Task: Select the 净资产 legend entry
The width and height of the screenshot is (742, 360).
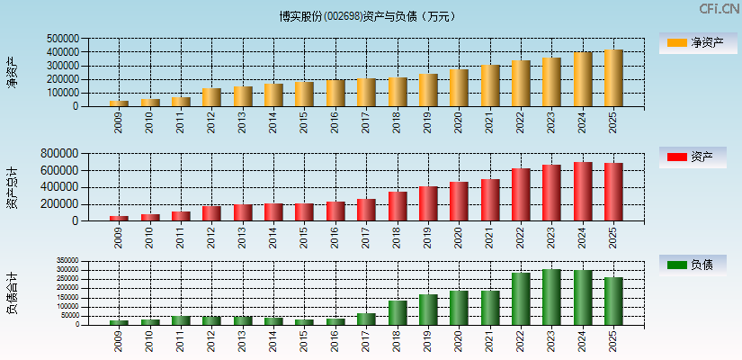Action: coord(697,42)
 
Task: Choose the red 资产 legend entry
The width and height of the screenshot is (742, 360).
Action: coord(697,157)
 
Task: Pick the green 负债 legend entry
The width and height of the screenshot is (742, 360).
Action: coord(697,265)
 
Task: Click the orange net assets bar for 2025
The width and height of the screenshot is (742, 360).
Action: coord(613,78)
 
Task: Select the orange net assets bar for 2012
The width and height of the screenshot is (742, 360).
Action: coord(211,97)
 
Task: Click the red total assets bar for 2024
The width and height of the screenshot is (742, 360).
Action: coord(583,192)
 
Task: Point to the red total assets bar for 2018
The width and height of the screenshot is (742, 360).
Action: coord(398,206)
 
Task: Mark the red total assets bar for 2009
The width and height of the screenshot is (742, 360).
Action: coord(119,218)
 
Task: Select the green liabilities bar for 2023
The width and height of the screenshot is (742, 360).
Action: coord(551,297)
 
